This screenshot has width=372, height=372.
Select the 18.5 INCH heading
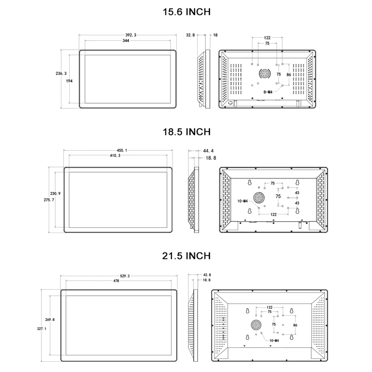click(186, 132)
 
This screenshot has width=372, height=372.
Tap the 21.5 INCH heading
click(186, 256)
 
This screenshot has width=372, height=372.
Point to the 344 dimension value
click(126, 41)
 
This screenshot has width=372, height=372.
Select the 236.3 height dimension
click(61, 73)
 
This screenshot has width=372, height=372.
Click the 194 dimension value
click(69, 81)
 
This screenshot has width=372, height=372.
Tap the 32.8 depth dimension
click(190, 35)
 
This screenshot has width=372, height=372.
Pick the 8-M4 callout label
click(268, 92)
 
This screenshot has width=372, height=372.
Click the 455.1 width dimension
click(122, 150)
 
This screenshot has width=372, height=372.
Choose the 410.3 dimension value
click(116, 156)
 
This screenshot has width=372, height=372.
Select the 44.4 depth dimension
click(208, 151)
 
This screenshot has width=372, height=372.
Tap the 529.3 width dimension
click(125, 276)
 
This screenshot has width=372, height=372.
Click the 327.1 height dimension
click(42, 329)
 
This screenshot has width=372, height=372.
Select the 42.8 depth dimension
click(207, 275)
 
